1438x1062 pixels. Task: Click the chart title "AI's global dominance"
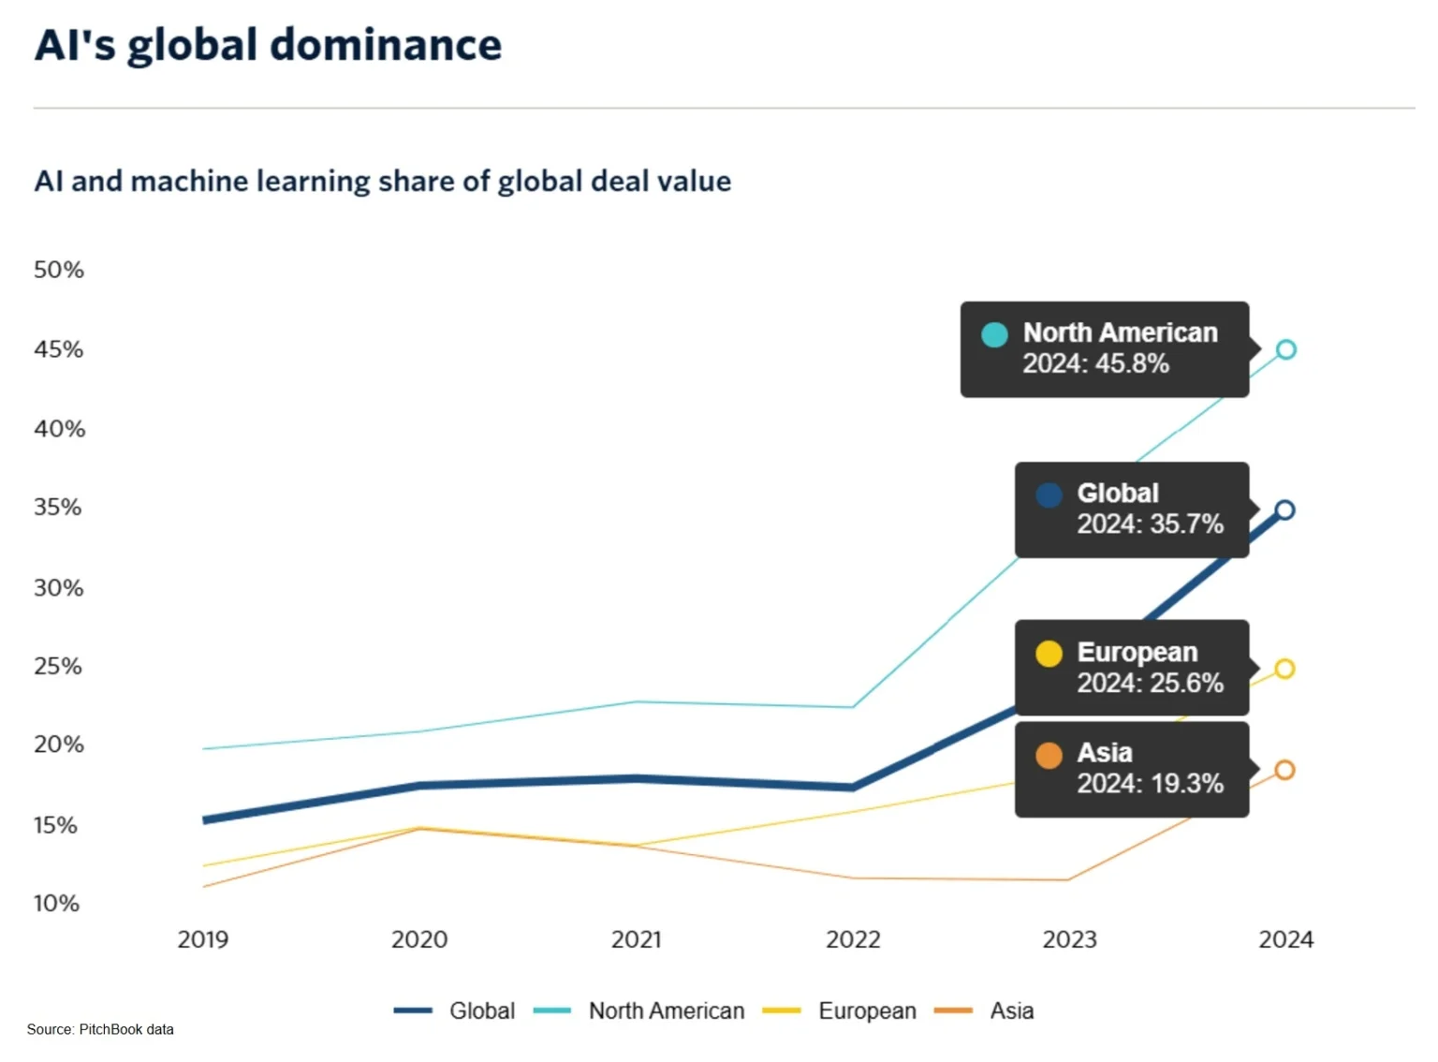pyautogui.click(x=268, y=45)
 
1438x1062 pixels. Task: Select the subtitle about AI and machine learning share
pyautogui.click(x=382, y=181)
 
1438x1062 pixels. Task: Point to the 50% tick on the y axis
pyautogui.click(x=58, y=270)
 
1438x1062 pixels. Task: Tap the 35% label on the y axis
pyautogui.click(x=58, y=508)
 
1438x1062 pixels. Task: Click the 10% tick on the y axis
pyautogui.click(x=56, y=904)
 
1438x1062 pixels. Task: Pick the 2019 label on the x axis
pyautogui.click(x=202, y=939)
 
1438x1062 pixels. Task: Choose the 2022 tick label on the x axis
pyautogui.click(x=852, y=939)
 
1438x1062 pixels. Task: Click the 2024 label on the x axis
pyautogui.click(x=1285, y=939)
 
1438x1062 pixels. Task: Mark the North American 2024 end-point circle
pyautogui.click(x=1286, y=349)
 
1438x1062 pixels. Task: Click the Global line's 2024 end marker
pyautogui.click(x=1284, y=510)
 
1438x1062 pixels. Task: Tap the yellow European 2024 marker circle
pyautogui.click(x=1284, y=669)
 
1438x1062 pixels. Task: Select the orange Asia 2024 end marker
pyautogui.click(x=1284, y=770)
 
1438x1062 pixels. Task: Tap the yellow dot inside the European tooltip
pyautogui.click(x=1049, y=654)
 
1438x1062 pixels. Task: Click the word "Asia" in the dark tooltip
pyautogui.click(x=1105, y=753)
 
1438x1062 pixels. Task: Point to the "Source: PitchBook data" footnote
pyautogui.click(x=100, y=1029)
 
